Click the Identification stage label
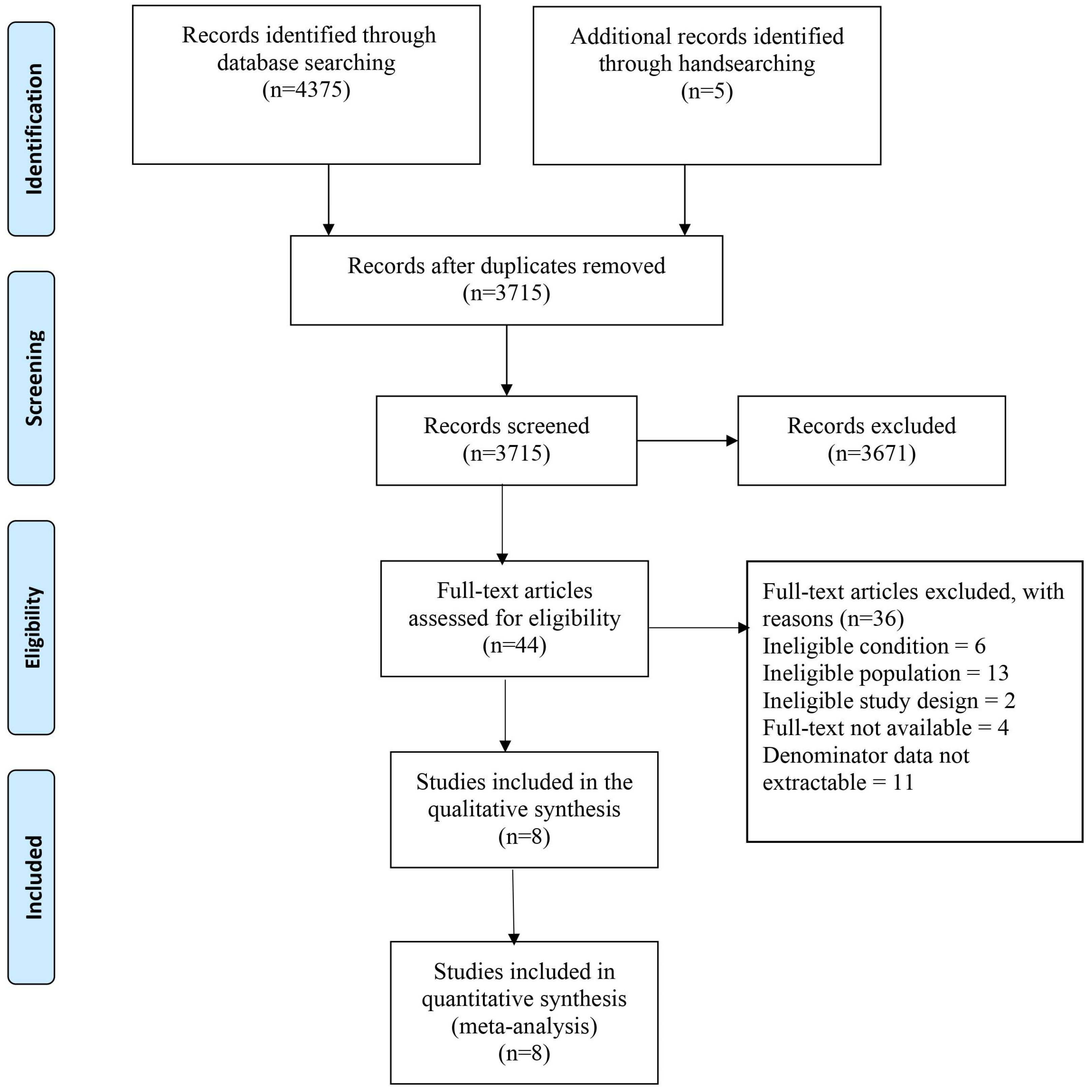(x=33, y=129)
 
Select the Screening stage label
(x=33, y=378)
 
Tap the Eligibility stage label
(x=33, y=627)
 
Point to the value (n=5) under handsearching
(x=707, y=91)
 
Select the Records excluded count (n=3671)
(x=872, y=453)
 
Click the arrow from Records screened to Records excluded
(x=686, y=441)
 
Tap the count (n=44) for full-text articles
(x=514, y=645)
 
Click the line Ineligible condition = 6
(x=874, y=646)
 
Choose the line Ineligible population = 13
(x=885, y=673)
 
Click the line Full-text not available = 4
(x=885, y=728)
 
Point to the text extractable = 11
(x=838, y=783)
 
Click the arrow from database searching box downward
(x=328, y=200)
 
